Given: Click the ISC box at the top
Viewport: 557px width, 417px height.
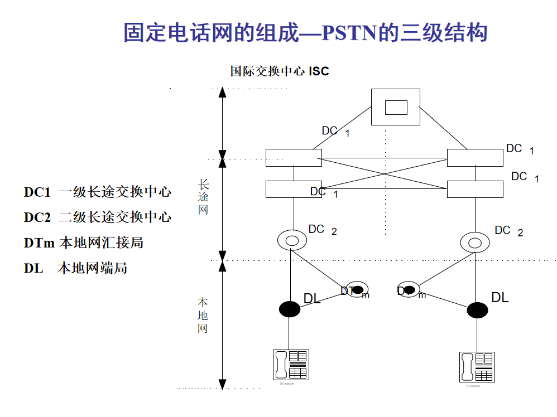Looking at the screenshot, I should pos(396,106).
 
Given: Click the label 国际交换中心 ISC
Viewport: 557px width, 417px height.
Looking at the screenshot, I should pos(280,71).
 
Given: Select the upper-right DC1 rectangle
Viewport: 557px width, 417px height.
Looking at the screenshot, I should pos(475,158).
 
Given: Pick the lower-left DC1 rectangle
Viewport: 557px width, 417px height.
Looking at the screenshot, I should pos(294,189).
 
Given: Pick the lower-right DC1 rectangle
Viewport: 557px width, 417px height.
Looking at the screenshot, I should pos(475,189).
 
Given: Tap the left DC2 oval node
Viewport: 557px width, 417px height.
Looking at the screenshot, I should pos(292,240).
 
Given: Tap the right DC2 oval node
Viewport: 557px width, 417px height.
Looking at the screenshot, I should pos(475,243).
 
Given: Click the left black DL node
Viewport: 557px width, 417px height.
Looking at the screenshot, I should pos(289,308).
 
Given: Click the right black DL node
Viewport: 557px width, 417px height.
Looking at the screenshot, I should pos(477,310).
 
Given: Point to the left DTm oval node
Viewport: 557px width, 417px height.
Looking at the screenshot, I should pos(357,289).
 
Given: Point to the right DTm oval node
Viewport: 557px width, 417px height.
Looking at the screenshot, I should pos(409,289).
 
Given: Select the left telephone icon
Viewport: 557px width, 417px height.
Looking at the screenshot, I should pos(290,365).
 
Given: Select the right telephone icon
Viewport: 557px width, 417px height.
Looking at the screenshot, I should pos(477,367).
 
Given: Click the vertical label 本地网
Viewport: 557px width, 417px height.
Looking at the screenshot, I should pos(203,316).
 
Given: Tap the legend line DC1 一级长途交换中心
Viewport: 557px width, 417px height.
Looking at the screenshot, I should pos(97,192).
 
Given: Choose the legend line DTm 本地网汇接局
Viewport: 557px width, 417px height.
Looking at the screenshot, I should pos(84,243).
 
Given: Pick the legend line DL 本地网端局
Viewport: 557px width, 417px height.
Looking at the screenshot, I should pos(75,268).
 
